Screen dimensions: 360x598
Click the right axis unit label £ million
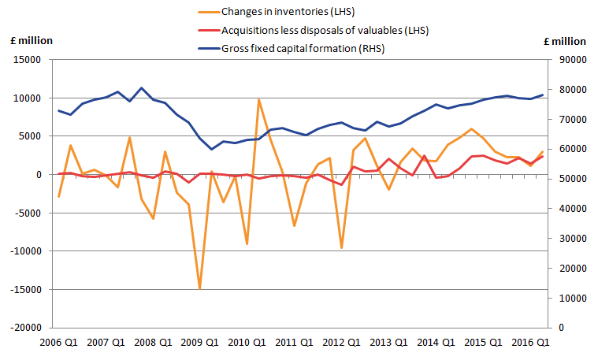click(x=564, y=42)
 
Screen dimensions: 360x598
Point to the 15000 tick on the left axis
click(x=30, y=60)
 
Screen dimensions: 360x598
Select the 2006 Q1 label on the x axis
click(x=59, y=343)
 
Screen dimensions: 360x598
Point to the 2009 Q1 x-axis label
click(x=200, y=343)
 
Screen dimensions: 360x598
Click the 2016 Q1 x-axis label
click(x=530, y=343)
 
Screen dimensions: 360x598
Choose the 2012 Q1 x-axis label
click(x=341, y=343)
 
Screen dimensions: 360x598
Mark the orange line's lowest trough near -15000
click(x=199, y=289)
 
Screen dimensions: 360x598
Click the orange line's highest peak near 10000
click(x=258, y=99)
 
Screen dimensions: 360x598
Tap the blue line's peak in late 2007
click(x=141, y=88)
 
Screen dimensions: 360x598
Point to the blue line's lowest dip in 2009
click(x=211, y=149)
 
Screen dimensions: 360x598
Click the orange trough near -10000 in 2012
click(x=341, y=248)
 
